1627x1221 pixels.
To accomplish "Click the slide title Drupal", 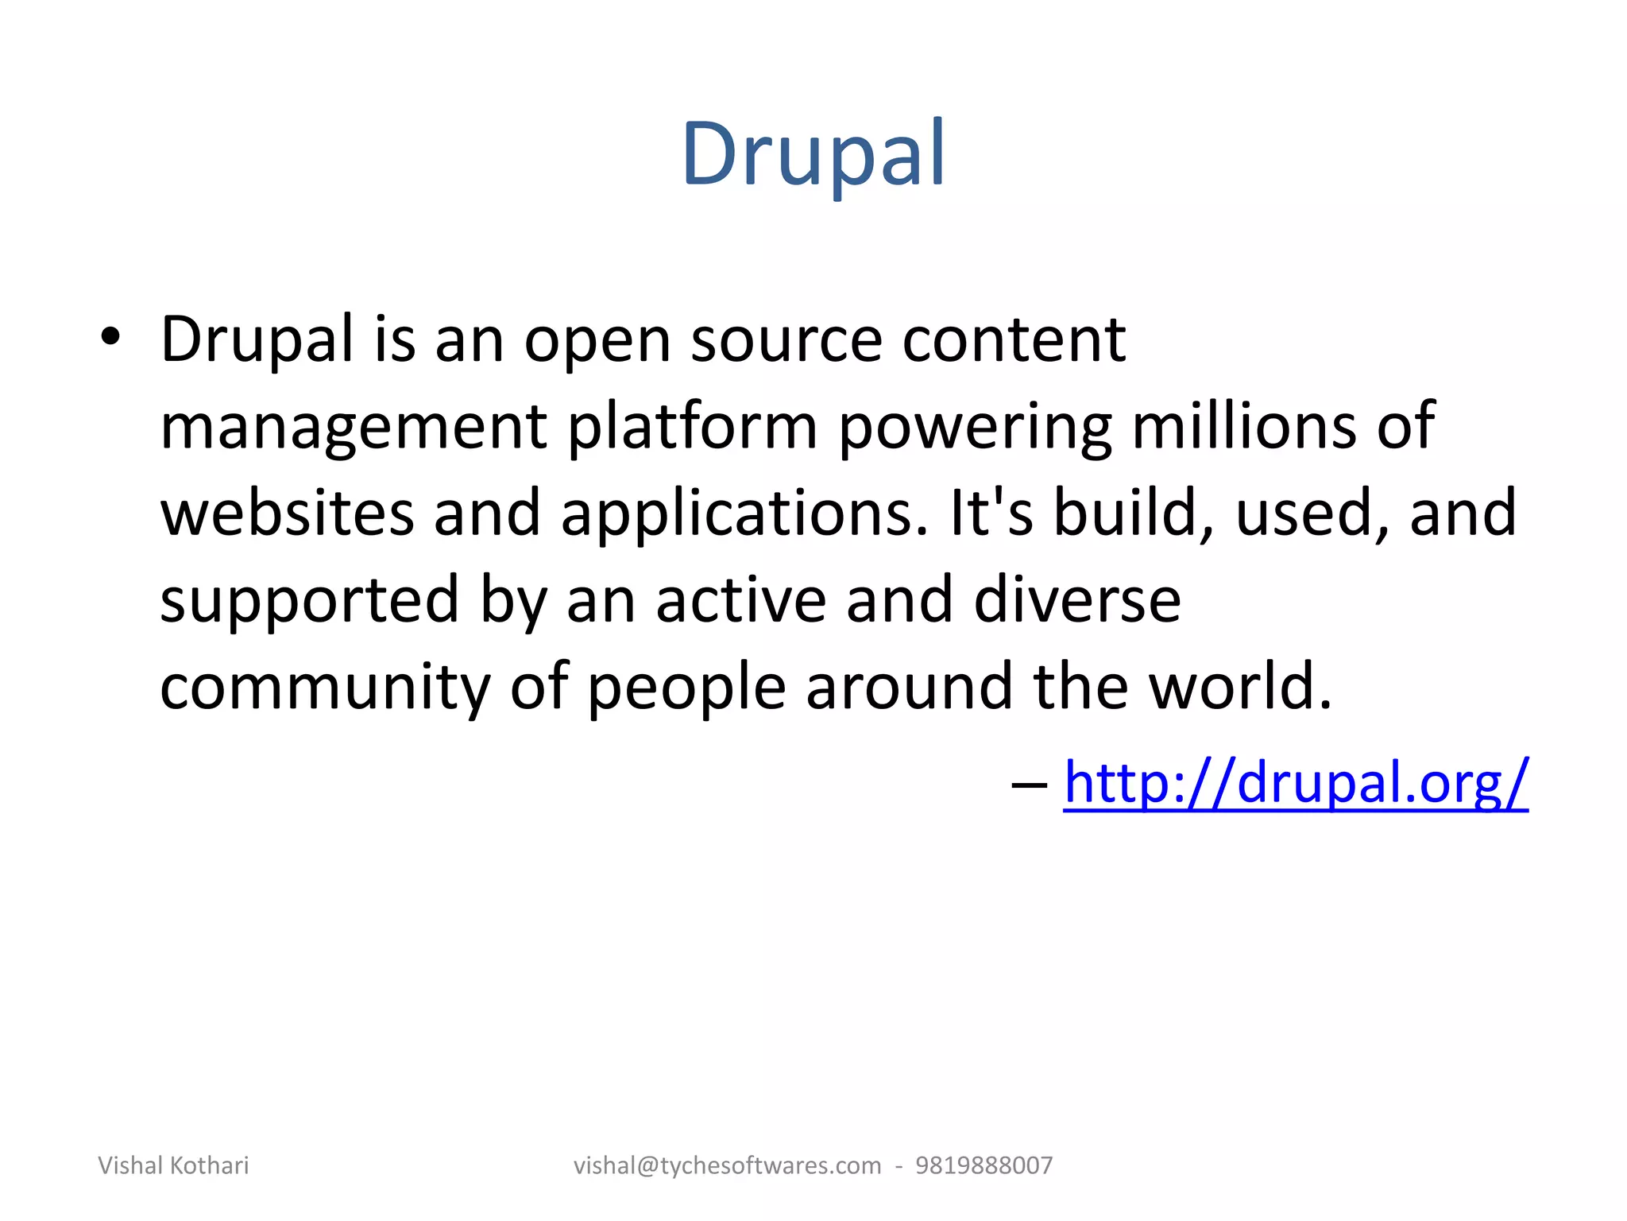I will coord(813,154).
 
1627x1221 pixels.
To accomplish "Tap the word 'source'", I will coord(786,340).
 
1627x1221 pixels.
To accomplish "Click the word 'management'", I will coord(353,428).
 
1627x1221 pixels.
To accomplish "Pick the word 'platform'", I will coord(692,428).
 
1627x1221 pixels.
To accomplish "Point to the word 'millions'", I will coord(1244,426).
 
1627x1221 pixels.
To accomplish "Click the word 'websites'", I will coord(287,513).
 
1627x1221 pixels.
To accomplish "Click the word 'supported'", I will coord(309,601).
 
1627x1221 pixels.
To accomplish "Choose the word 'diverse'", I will coord(1076,599).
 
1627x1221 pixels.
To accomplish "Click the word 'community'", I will coord(325,688).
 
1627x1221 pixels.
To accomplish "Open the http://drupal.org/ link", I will coord(1295,782).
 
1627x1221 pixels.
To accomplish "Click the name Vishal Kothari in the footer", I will coord(173,1165).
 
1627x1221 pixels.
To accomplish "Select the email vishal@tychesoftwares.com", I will coord(727,1165).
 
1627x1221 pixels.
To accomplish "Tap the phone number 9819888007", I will coord(984,1165).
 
